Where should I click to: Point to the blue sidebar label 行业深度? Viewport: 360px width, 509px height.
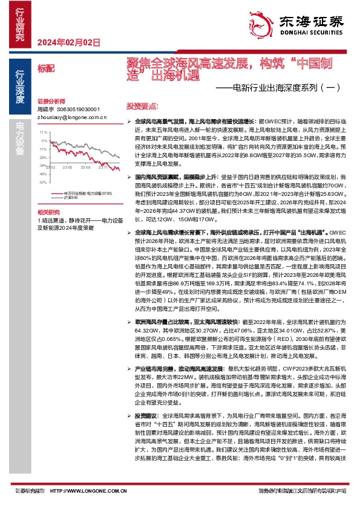click(x=20, y=85)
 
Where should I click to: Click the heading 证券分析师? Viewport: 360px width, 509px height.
click(x=50, y=101)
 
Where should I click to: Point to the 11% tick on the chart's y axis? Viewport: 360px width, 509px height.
click(x=43, y=131)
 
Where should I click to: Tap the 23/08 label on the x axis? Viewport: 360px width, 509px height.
click(x=85, y=167)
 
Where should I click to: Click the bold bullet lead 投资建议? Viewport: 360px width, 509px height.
click(x=147, y=417)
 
